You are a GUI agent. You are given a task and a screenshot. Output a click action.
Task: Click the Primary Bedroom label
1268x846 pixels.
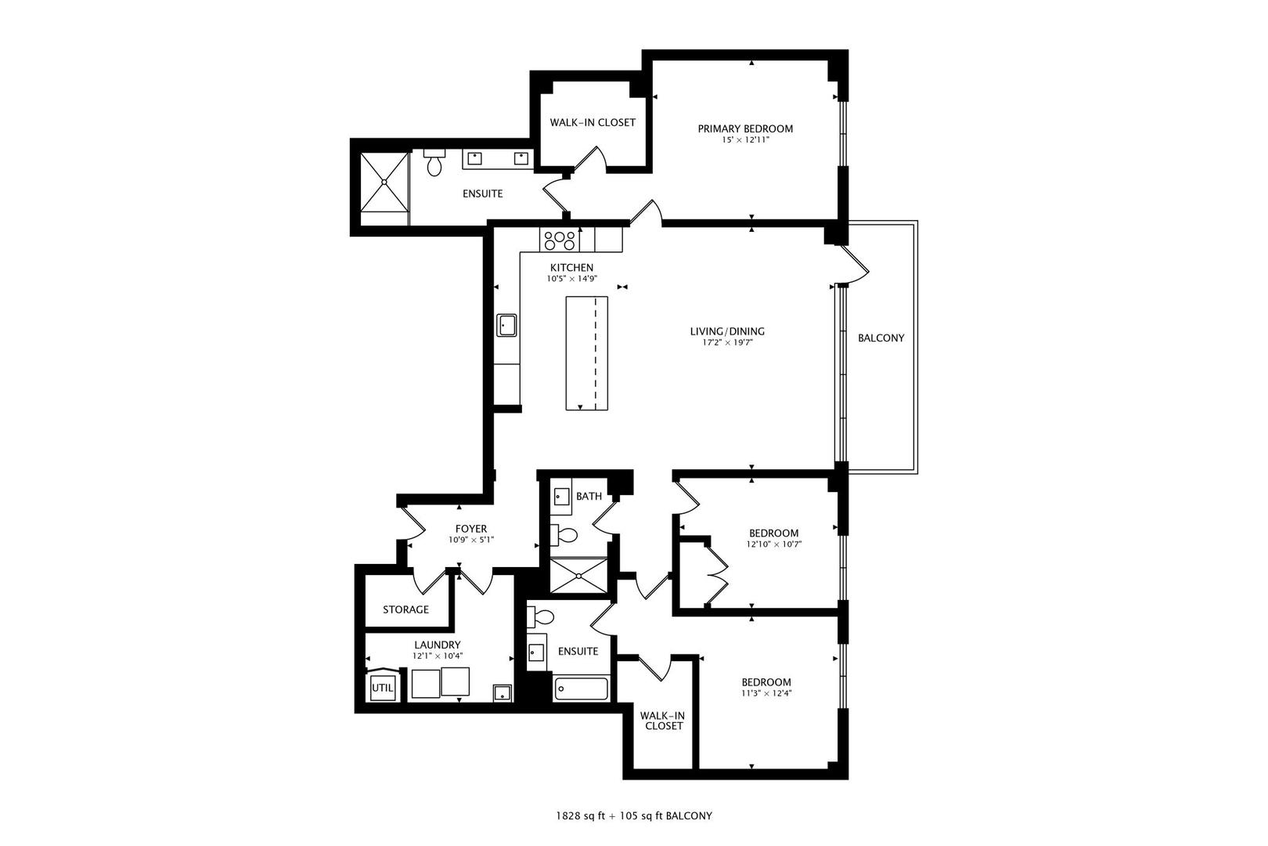point(745,128)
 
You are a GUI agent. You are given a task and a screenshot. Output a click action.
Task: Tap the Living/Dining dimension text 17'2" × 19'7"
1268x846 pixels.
point(727,342)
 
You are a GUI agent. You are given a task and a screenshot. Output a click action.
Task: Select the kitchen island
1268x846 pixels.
point(587,353)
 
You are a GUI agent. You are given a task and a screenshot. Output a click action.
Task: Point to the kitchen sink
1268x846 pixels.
point(506,325)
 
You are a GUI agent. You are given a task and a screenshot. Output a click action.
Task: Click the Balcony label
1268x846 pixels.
point(881,338)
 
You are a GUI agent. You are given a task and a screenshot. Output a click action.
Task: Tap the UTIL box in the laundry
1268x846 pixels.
point(383,688)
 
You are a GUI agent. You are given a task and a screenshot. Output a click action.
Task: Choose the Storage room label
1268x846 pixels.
point(406,609)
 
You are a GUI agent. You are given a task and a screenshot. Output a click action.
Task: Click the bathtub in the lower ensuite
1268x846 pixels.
point(582,689)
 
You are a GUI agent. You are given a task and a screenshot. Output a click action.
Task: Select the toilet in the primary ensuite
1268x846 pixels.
point(434,163)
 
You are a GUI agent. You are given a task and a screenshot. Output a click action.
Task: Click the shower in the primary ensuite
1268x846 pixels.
point(384,182)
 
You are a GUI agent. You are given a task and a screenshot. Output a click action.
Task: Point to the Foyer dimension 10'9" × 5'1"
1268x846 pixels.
point(471,540)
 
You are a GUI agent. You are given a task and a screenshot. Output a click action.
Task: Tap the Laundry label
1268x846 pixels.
point(437,645)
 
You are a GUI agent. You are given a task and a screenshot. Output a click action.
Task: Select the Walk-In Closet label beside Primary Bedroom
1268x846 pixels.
point(593,122)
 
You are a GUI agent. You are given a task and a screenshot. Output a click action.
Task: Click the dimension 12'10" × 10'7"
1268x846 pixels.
point(774,544)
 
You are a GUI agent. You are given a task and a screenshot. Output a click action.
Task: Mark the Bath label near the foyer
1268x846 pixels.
point(589,497)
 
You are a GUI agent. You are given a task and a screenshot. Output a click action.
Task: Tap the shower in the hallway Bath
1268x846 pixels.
point(579,576)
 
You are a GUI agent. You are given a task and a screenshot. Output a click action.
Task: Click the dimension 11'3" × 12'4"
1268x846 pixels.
point(766,693)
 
